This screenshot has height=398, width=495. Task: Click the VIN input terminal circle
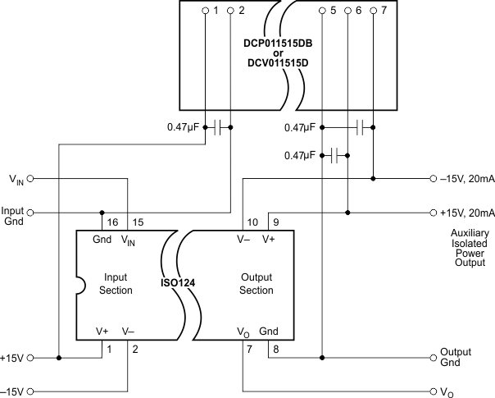(x=30, y=178)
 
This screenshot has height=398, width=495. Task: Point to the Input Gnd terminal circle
(x=30, y=211)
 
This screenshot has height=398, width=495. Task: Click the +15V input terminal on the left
(x=30, y=358)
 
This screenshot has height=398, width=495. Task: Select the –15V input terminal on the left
(x=30, y=391)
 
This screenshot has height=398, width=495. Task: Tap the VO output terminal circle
(x=434, y=391)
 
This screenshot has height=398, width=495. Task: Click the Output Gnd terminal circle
(x=434, y=358)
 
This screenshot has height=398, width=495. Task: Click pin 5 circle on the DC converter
(x=322, y=11)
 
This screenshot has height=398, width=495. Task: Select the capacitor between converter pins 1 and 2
(x=217, y=127)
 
